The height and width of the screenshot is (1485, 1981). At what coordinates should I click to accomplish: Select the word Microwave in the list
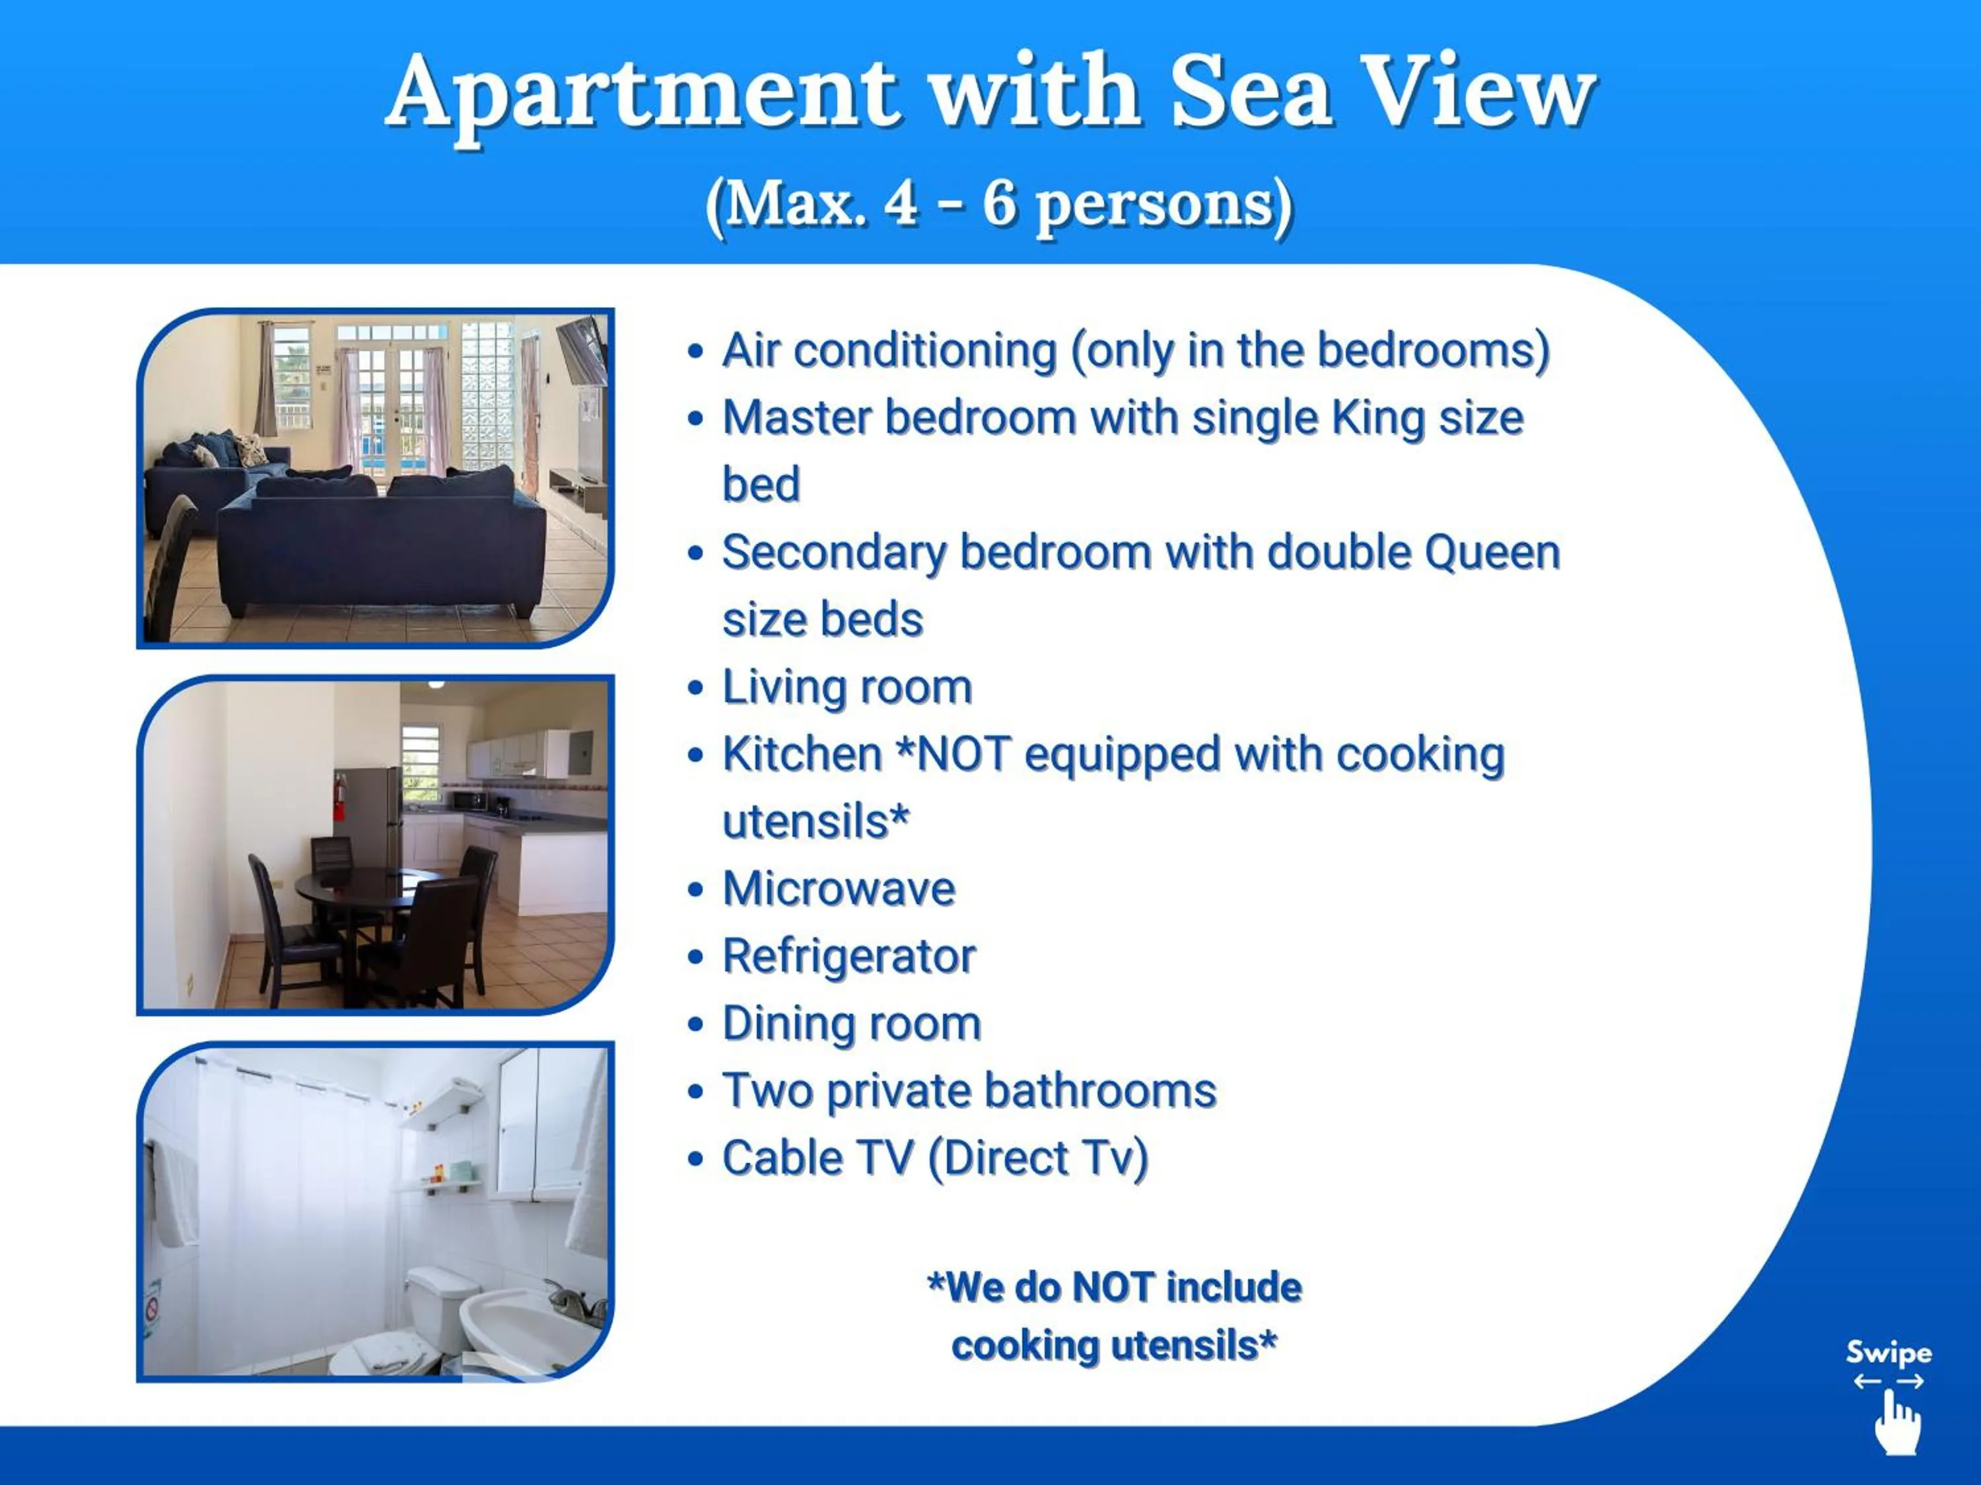point(838,889)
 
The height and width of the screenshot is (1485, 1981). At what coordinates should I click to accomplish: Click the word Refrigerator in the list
point(848,956)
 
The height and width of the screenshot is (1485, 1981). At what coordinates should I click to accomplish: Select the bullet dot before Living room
point(695,688)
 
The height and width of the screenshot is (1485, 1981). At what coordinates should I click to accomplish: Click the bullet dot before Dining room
point(695,1025)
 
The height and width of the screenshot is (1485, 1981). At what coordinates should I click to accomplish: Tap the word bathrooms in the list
point(1099,1090)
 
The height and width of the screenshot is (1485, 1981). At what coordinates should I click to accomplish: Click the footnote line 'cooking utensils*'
point(1113,1345)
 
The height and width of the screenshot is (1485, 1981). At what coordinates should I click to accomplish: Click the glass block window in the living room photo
point(486,394)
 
